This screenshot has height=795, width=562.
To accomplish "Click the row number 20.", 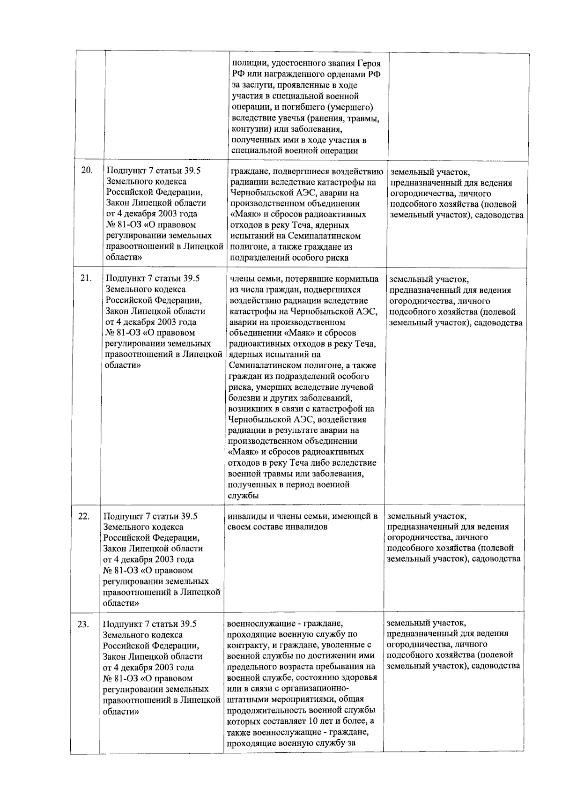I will (x=87, y=170).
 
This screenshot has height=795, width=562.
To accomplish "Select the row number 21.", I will (x=86, y=278).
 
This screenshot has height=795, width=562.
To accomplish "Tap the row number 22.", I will (x=84, y=516).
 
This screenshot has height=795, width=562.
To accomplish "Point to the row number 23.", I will (x=83, y=624).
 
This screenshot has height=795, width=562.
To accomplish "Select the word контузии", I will (x=249, y=129).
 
